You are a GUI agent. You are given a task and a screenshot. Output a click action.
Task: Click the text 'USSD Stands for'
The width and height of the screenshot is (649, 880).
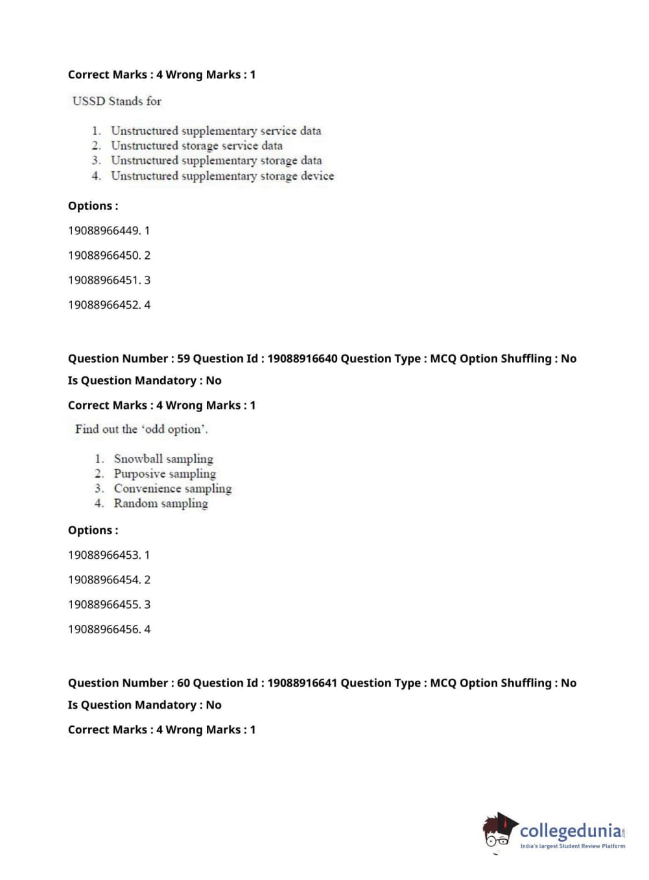coord(117,101)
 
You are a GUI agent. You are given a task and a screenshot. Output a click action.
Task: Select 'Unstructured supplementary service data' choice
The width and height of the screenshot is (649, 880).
coord(215,131)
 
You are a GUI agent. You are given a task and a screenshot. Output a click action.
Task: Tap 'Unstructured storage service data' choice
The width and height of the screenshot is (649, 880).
coord(196,146)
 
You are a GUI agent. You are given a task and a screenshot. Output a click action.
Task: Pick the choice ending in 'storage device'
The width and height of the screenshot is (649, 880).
coord(222,176)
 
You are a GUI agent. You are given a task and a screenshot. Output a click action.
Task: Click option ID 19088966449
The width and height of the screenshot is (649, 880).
coord(109,230)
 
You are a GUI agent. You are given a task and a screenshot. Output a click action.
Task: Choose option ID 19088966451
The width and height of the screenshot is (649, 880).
coord(109,280)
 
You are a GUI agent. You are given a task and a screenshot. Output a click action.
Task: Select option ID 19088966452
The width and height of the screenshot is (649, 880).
coord(109,304)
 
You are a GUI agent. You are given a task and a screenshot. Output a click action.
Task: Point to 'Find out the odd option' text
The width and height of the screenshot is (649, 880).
coord(141,429)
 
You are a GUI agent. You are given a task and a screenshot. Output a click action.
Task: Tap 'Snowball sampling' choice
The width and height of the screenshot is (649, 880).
coord(163,459)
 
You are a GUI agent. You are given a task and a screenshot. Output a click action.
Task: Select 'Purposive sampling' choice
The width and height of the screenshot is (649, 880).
coord(165,474)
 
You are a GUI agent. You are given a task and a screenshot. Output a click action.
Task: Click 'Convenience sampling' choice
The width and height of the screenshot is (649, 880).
coord(172,489)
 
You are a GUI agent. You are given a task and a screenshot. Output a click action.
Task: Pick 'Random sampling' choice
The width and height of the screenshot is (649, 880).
coord(161,504)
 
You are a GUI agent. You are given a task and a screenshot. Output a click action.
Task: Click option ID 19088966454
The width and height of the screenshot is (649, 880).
coord(109,580)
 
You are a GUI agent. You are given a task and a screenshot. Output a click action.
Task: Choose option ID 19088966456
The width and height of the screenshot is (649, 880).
coord(109,629)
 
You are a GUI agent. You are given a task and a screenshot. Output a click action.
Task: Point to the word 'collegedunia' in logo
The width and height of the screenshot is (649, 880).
coord(570,830)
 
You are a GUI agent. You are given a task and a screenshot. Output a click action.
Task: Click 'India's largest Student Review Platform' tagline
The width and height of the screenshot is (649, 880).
coord(572,846)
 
